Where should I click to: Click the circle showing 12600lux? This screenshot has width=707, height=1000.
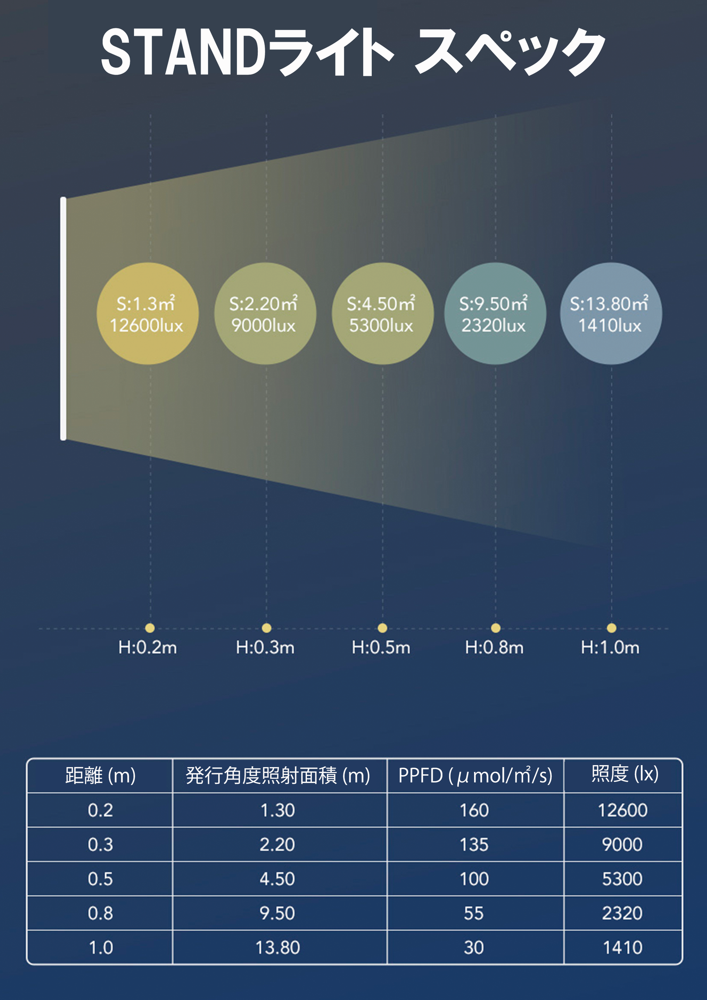point(147,314)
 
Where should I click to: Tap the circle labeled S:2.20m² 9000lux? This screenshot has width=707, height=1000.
point(265,314)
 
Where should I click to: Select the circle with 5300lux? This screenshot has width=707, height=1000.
point(382,314)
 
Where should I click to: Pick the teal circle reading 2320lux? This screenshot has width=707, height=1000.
point(495,314)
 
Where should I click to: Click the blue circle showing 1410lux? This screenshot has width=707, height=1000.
point(611,314)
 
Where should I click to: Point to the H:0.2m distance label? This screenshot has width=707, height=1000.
point(147,648)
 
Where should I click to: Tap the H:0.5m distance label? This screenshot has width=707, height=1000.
point(381,648)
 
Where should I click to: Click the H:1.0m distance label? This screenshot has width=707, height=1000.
point(610,648)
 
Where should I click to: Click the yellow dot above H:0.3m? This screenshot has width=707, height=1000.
point(266,628)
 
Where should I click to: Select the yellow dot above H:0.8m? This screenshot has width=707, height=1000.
point(496,628)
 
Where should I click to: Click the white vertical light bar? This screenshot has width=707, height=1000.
point(63,318)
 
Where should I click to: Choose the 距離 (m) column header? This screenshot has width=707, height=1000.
point(100,776)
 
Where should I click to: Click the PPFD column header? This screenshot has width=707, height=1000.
point(475,776)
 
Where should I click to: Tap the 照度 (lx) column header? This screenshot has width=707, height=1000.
point(624,774)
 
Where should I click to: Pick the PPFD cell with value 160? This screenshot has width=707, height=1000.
point(474,811)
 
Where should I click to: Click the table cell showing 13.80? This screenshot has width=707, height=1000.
point(277,948)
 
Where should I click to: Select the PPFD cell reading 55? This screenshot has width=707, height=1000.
point(474,913)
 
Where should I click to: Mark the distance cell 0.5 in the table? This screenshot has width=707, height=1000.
point(100,879)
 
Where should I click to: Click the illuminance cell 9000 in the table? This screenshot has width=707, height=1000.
point(622,845)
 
